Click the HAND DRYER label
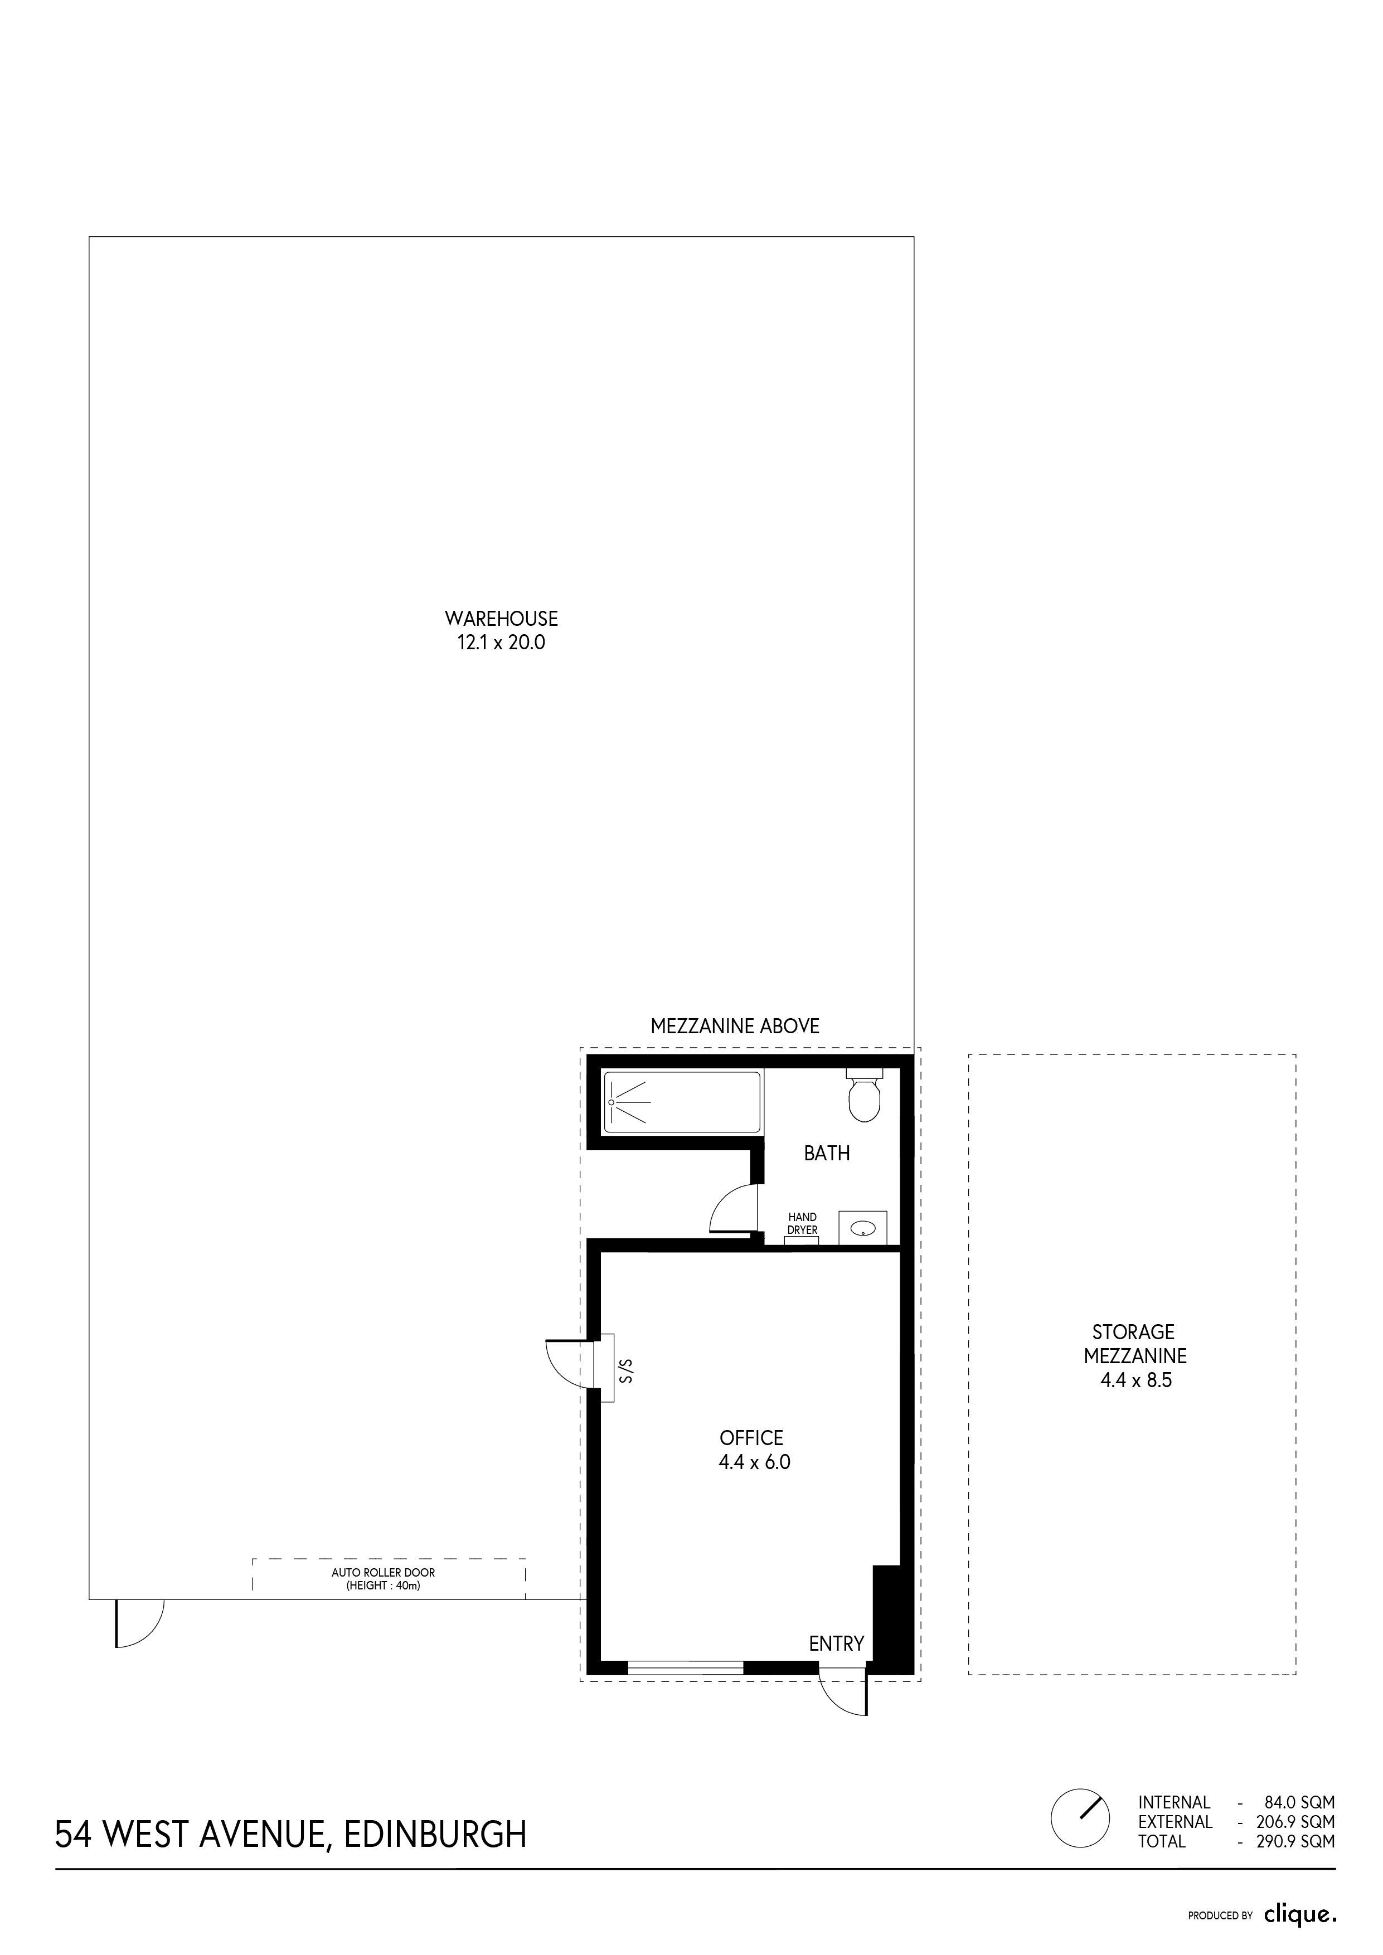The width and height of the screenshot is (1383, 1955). [x=802, y=1224]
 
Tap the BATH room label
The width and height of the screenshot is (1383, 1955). [x=827, y=1154]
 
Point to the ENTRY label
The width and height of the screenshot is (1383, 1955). [x=836, y=1643]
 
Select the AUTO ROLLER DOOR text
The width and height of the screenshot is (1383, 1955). [x=383, y=1573]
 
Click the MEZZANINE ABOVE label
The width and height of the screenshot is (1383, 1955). [x=735, y=1026]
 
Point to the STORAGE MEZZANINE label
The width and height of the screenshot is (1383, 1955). [x=1134, y=1344]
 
